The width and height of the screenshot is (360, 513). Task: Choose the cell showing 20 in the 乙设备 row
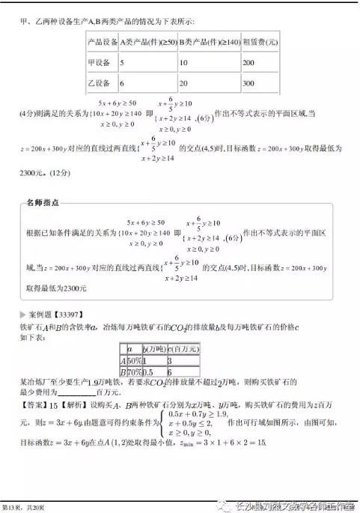point(186,83)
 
